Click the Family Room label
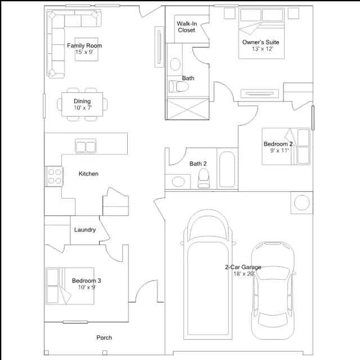(x=84, y=46)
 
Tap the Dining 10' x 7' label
(x=82, y=105)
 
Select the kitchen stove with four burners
(x=55, y=176)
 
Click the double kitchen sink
(x=85, y=146)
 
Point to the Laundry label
(x=85, y=230)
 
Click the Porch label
(x=104, y=337)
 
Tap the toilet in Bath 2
(x=204, y=178)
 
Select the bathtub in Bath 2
(x=227, y=169)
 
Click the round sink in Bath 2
(x=178, y=182)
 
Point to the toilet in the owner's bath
(x=179, y=86)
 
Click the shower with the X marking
(x=187, y=109)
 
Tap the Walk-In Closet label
(x=187, y=27)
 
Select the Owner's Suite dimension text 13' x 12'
(x=263, y=49)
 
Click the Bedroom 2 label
(x=278, y=144)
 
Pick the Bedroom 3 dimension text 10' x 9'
(x=87, y=287)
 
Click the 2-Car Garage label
(x=243, y=267)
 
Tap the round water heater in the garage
(x=301, y=202)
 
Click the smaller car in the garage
(x=273, y=290)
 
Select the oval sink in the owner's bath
(x=175, y=64)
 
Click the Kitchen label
(x=88, y=174)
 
